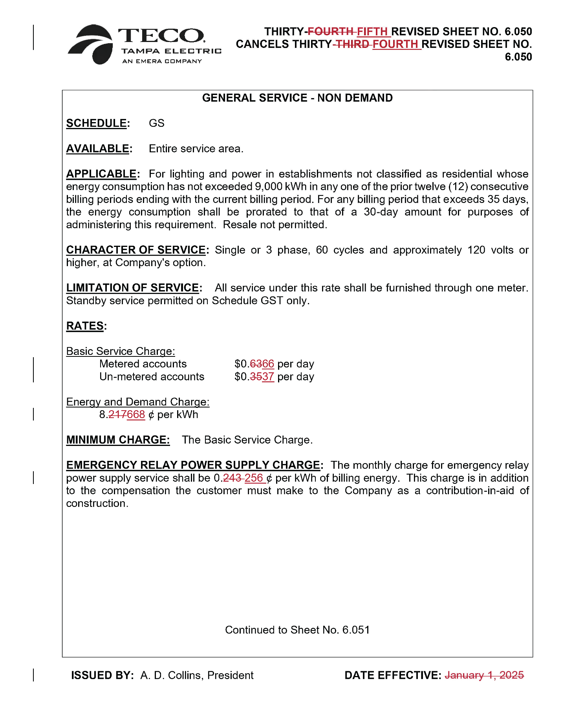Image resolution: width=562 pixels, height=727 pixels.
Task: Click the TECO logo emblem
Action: (x=91, y=44)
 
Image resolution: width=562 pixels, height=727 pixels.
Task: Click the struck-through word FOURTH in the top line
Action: (x=330, y=31)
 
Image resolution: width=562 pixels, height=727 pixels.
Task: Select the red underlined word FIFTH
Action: (x=372, y=31)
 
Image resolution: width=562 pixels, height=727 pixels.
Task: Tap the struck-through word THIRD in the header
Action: (x=352, y=44)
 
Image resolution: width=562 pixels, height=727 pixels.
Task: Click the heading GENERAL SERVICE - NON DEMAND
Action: (x=297, y=98)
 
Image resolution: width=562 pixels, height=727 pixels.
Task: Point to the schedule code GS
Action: (x=156, y=123)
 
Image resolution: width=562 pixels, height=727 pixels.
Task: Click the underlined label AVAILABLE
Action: (x=97, y=149)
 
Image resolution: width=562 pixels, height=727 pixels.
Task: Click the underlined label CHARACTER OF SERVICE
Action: (x=136, y=250)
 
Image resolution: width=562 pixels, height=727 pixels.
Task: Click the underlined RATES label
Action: (x=85, y=326)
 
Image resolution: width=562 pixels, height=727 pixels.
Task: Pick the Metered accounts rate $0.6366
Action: (x=254, y=364)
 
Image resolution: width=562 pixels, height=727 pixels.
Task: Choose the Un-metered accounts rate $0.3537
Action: (x=254, y=377)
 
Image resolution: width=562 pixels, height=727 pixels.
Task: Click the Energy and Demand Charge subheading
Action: (x=137, y=402)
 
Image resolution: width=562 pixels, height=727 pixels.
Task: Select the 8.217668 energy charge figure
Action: (x=122, y=415)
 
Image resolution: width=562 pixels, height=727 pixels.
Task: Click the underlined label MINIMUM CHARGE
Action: (x=118, y=440)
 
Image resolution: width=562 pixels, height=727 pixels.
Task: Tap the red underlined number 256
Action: (x=254, y=478)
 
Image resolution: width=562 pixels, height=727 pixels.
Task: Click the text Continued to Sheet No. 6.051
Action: (x=297, y=630)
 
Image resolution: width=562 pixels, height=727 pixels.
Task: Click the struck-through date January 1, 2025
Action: (x=484, y=676)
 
